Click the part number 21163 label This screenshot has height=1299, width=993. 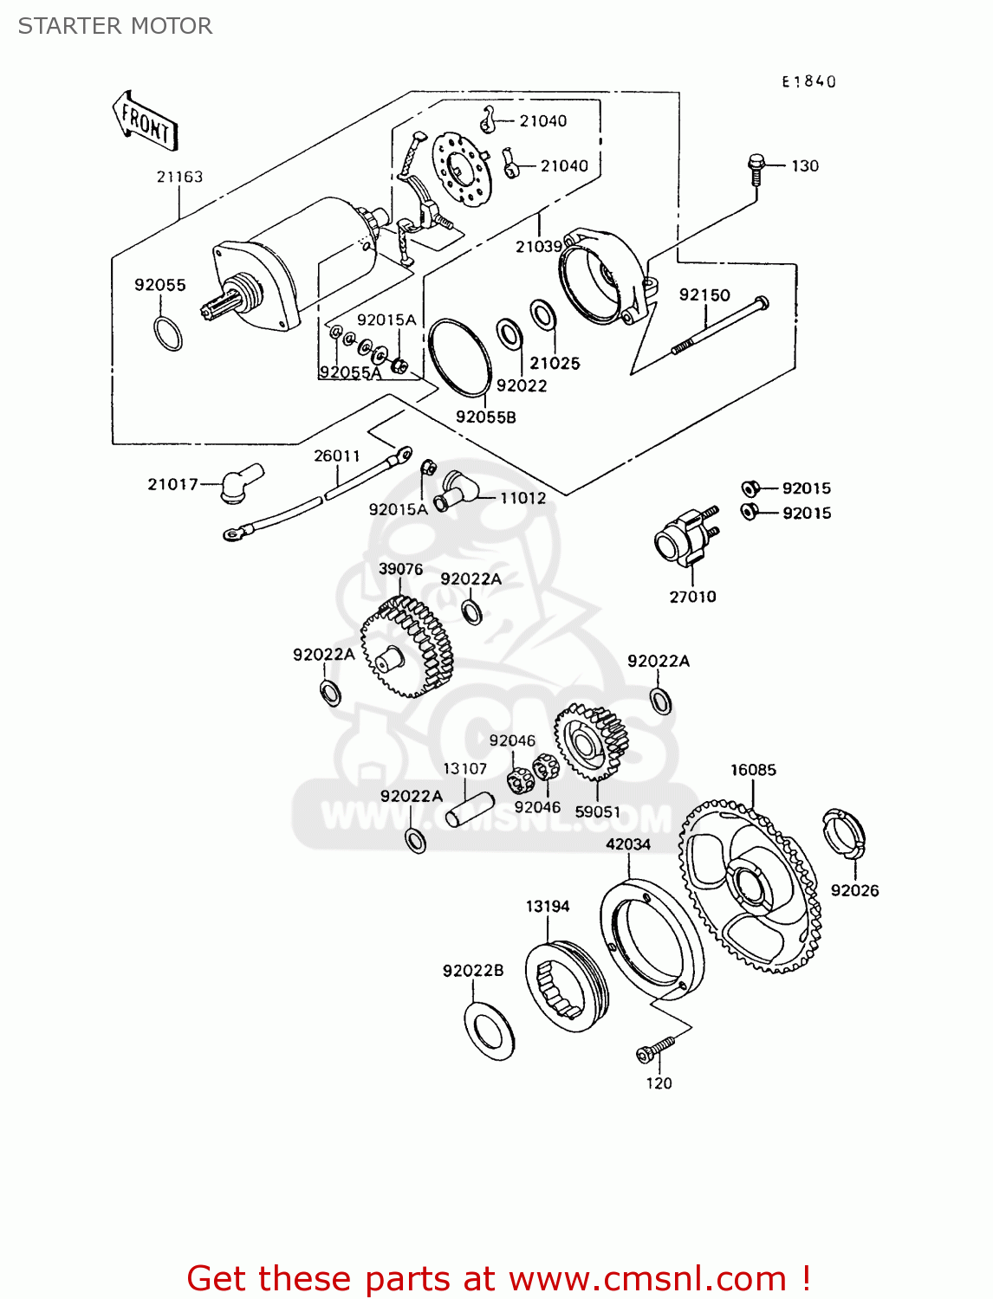[x=179, y=177]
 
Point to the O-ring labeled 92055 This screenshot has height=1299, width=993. [x=168, y=333]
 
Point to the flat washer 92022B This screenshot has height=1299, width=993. [x=490, y=1031]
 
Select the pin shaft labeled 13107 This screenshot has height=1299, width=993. [x=469, y=809]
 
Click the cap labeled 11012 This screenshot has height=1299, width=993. [x=453, y=491]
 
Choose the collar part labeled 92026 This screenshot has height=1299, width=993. [x=843, y=834]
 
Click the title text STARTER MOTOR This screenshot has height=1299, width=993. [x=115, y=26]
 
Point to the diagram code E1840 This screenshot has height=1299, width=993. [x=808, y=81]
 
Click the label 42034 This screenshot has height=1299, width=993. [x=627, y=844]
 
